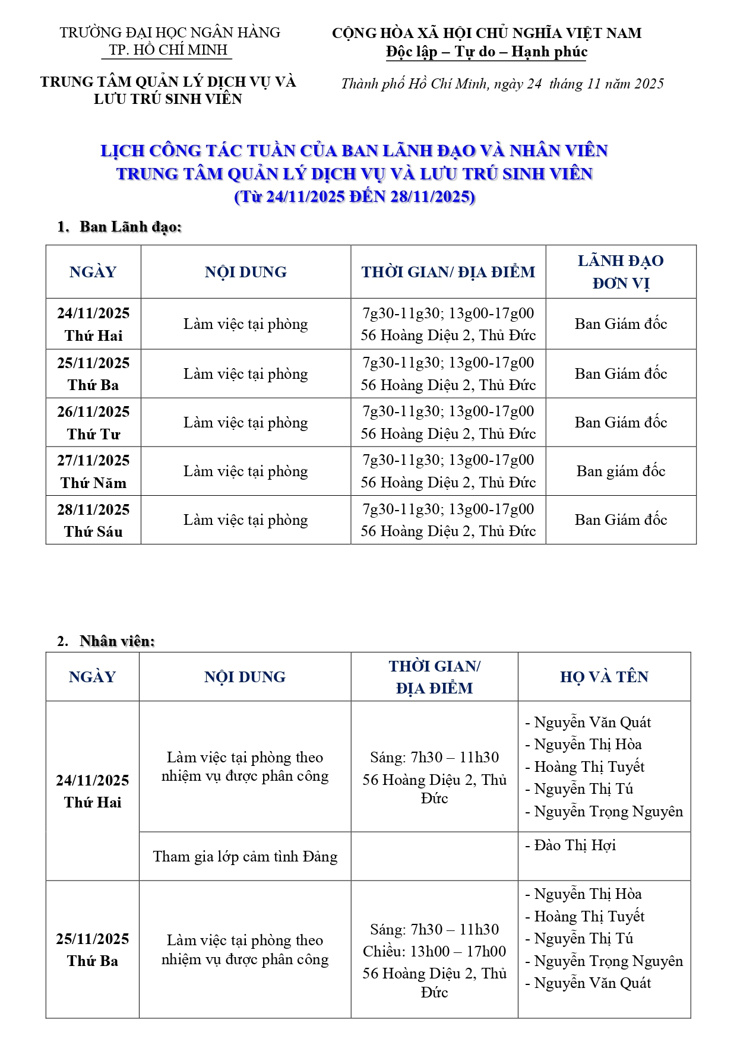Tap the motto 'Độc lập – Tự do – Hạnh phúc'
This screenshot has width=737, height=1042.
(486, 52)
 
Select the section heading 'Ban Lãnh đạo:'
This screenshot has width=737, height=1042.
(130, 227)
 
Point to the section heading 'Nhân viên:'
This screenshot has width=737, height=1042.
(117, 641)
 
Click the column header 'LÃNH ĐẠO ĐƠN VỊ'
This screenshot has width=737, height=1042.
(621, 272)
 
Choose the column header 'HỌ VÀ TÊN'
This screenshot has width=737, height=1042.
(604, 677)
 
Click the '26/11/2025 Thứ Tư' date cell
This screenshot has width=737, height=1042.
(93, 423)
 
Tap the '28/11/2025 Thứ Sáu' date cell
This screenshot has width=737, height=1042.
(93, 520)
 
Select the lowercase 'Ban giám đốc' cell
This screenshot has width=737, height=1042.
(621, 471)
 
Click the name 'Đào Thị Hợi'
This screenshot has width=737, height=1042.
(574, 845)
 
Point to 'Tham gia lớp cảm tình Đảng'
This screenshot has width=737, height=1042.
(245, 857)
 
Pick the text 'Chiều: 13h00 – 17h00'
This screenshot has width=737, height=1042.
(434, 952)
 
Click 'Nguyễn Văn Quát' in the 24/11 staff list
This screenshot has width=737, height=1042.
(592, 723)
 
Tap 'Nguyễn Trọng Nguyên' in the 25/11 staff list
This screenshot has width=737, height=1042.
(608, 961)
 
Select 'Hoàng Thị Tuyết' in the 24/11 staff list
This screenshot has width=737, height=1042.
(589, 767)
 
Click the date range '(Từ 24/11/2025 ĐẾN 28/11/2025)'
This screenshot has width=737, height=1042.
(355, 197)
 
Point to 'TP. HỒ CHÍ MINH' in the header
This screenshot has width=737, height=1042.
(169, 50)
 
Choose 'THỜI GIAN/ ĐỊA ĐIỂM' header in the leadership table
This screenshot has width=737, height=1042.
(448, 272)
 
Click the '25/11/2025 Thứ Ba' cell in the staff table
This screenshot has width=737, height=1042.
(93, 950)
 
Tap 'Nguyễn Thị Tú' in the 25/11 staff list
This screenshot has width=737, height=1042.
(583, 939)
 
